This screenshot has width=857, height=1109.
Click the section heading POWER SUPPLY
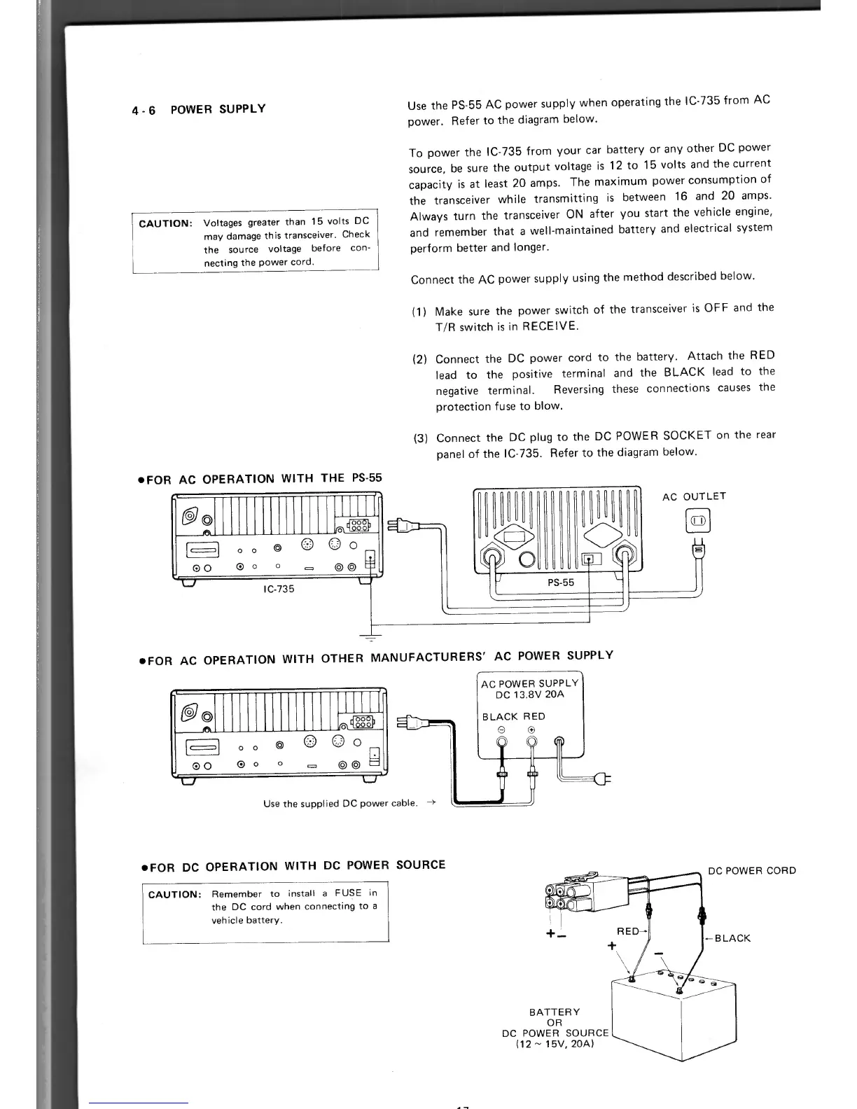click(218, 109)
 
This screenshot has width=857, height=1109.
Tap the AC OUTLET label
click(694, 496)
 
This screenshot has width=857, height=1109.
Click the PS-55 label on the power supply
click(560, 582)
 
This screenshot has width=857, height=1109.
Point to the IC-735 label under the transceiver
click(279, 589)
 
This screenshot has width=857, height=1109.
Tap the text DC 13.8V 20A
click(529, 695)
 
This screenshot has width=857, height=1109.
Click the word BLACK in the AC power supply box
click(500, 716)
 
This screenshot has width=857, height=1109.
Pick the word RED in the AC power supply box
click(534, 716)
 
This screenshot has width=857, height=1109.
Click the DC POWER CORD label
click(752, 871)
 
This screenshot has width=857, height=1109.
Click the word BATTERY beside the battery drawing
click(555, 1012)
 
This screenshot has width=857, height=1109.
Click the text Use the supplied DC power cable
click(342, 803)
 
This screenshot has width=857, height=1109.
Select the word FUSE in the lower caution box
click(348, 893)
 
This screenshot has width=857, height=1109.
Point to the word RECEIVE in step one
click(550, 326)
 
